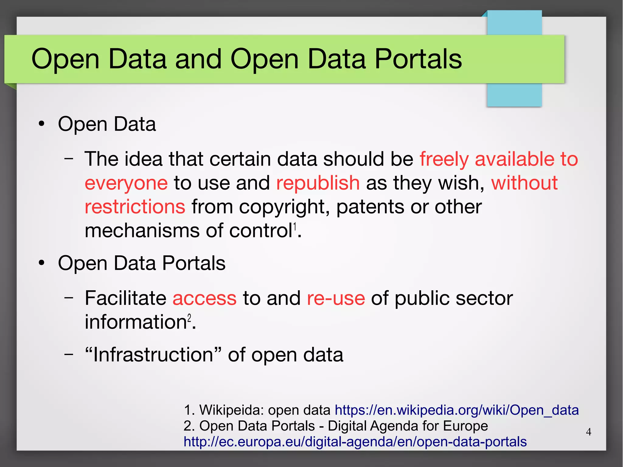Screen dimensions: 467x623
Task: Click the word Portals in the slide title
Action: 418,59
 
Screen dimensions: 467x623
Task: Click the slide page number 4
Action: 588,432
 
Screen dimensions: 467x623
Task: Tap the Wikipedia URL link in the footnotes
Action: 457,410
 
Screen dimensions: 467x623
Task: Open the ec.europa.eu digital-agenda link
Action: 355,441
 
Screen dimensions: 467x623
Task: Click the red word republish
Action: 318,183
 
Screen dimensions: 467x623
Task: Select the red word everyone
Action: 126,183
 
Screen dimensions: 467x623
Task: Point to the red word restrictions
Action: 135,207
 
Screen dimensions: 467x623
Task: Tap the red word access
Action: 204,298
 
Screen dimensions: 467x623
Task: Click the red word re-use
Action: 336,298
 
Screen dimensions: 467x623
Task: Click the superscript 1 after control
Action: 294,227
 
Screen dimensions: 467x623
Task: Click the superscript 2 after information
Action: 189,318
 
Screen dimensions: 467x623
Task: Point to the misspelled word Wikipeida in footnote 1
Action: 231,410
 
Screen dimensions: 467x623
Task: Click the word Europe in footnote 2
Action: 465,426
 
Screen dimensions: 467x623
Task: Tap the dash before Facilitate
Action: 69,298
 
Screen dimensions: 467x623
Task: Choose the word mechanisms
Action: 142,230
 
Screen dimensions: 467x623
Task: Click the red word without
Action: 524,183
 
